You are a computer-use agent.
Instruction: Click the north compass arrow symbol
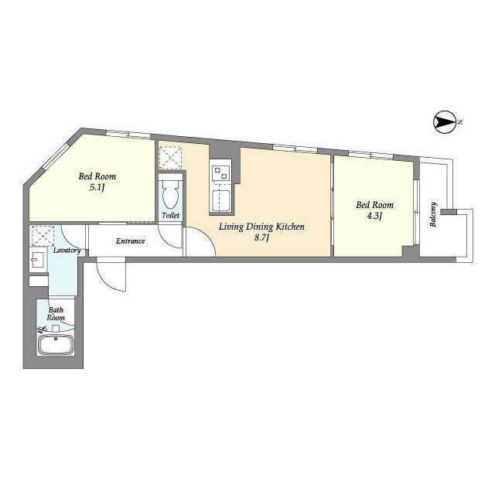point(445,122)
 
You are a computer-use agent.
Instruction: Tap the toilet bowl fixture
point(170,193)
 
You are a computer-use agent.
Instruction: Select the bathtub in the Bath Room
point(56,344)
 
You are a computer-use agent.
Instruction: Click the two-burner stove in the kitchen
point(220,173)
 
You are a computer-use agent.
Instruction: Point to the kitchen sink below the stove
point(221,200)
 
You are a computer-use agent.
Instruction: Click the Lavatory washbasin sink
point(38,260)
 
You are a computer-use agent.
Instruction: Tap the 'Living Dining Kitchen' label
point(261,227)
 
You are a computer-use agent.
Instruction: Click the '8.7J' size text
point(261,237)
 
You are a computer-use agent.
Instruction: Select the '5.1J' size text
point(97,188)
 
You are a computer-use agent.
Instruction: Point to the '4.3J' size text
point(374,217)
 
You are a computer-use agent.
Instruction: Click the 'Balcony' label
point(433,214)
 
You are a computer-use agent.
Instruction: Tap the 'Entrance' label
point(131,241)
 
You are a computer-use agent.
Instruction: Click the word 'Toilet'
point(170,216)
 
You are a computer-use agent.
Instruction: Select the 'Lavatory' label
point(67,251)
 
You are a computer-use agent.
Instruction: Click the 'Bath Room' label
point(56,314)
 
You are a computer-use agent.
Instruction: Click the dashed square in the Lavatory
point(43,235)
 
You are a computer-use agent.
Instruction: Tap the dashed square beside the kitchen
point(170,158)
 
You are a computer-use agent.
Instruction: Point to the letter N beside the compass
point(460,122)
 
